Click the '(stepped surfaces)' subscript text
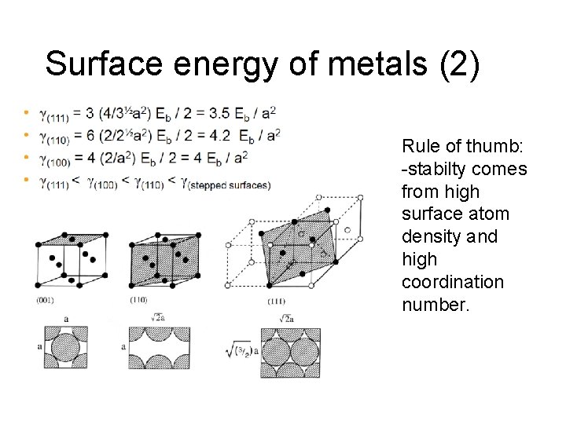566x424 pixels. point(235,185)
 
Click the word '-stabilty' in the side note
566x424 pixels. point(434,169)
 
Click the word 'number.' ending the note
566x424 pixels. point(435,304)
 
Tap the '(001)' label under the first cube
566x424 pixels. point(45,300)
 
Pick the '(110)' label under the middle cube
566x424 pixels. point(138,300)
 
